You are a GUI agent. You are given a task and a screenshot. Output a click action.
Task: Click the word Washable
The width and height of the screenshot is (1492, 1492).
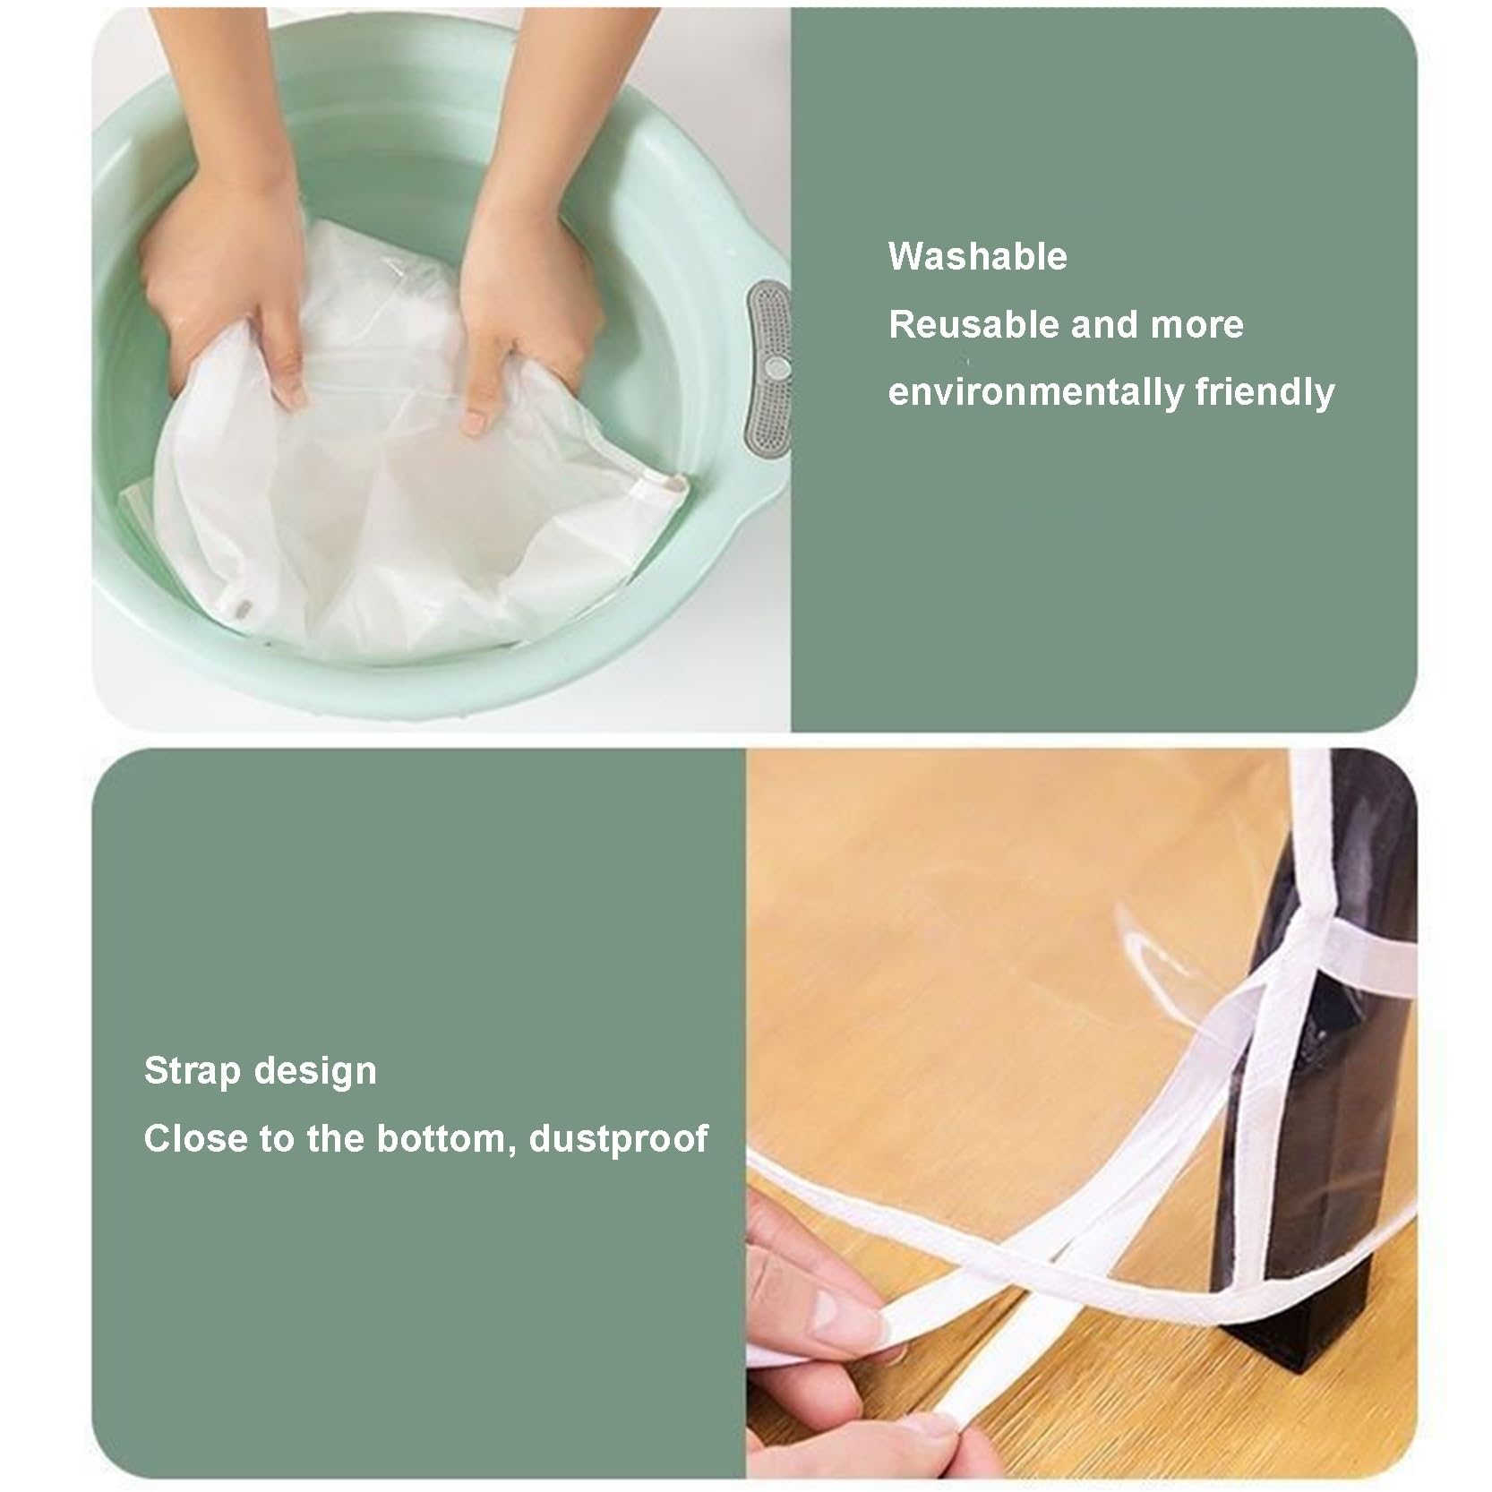[x=977, y=257]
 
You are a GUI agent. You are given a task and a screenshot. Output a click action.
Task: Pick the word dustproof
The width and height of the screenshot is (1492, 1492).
[x=619, y=1140]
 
